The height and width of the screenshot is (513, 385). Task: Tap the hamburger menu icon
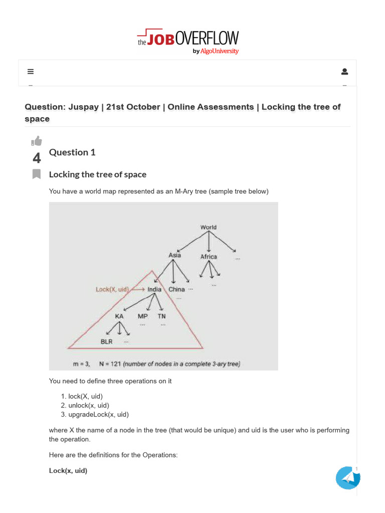(31, 72)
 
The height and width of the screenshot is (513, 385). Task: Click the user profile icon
(344, 72)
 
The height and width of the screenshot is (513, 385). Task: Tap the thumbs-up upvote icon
(37, 141)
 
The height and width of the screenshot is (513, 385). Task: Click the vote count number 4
(37, 158)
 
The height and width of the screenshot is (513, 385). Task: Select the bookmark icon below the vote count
(37, 174)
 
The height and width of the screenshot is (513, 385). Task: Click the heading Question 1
(72, 152)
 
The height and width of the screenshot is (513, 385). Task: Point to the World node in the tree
(209, 227)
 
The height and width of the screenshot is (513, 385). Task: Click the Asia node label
(174, 255)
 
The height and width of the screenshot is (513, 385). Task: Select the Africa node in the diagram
(209, 256)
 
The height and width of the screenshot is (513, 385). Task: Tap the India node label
(154, 290)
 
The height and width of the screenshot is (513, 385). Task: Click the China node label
(176, 290)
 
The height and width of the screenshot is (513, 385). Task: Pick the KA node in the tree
(119, 317)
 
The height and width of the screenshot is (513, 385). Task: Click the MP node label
(142, 317)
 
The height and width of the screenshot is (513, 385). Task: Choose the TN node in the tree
(161, 317)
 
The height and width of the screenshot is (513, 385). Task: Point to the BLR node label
(106, 342)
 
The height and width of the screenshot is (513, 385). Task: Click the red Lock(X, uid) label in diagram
(112, 290)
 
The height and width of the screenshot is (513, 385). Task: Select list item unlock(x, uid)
(89, 405)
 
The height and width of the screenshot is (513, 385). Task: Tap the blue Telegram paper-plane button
(348, 478)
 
